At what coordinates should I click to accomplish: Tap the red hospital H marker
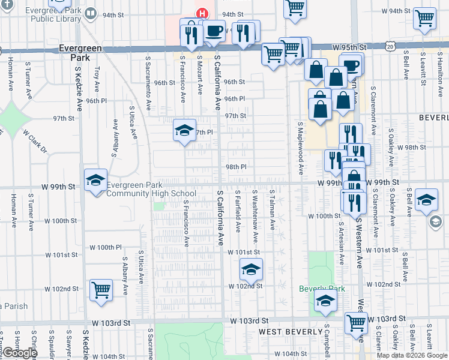[202, 13]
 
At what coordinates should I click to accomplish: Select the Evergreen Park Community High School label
[151, 190]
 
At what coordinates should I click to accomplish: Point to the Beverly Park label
[322, 289]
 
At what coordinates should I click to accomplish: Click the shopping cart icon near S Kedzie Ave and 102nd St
[101, 290]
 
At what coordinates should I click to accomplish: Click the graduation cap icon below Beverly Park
[325, 302]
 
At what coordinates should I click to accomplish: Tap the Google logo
[20, 353]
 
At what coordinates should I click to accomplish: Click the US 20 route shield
[390, 46]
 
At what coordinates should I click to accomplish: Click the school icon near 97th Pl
[184, 130]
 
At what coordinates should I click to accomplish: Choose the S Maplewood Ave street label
[300, 147]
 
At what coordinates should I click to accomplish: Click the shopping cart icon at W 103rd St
[356, 323]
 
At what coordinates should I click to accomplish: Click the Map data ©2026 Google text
[411, 355]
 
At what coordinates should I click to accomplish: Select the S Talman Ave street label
[273, 211]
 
